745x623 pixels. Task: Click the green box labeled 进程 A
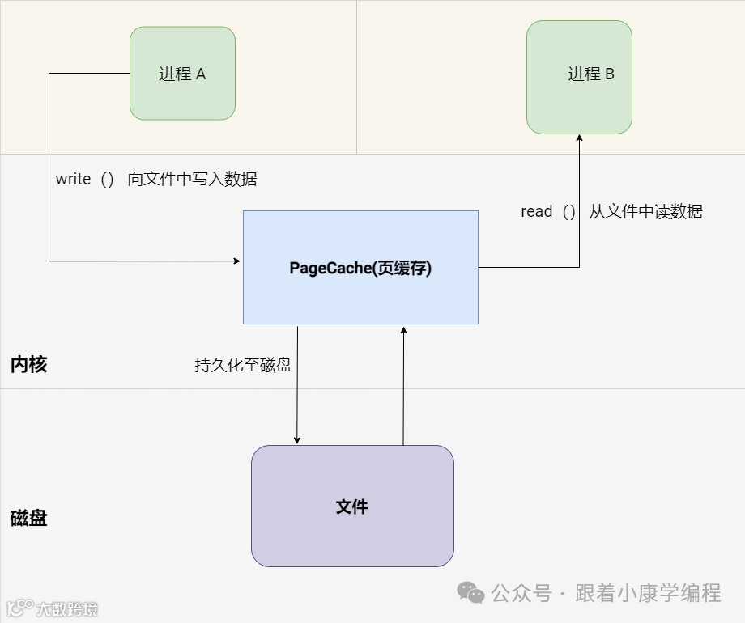(x=182, y=74)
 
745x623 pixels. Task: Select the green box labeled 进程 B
(x=579, y=77)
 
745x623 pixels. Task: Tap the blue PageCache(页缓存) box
(x=360, y=268)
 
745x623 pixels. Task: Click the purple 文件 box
(x=352, y=506)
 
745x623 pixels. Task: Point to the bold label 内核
(x=29, y=365)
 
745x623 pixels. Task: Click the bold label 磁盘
(x=29, y=518)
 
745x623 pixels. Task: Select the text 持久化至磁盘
(x=243, y=365)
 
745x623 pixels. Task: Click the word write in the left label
(x=73, y=180)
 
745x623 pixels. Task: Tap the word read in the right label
(x=536, y=212)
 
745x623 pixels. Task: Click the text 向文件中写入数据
(x=192, y=180)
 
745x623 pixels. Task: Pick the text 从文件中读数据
(x=645, y=212)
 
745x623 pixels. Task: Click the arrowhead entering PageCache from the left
(x=237, y=261)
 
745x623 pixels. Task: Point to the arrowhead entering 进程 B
(x=579, y=138)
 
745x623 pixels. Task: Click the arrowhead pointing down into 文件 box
(x=297, y=440)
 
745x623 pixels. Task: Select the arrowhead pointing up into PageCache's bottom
(x=403, y=329)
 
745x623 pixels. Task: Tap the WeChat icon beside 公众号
(x=470, y=593)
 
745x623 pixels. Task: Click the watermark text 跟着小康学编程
(x=648, y=593)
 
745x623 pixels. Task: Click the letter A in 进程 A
(x=201, y=74)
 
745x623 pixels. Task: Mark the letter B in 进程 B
(x=610, y=74)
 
